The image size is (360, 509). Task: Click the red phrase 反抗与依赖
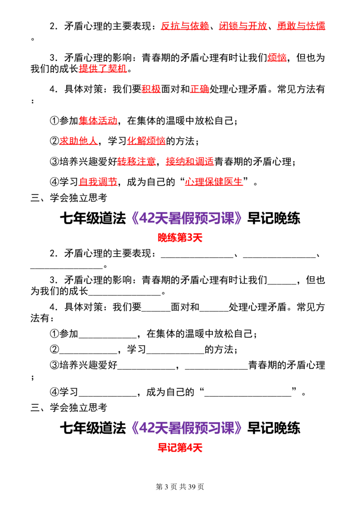185,26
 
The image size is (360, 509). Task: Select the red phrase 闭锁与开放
243,26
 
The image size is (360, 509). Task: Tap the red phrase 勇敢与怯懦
301,26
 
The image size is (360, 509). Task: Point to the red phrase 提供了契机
103,68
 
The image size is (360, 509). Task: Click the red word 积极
151,89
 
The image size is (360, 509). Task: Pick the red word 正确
199,89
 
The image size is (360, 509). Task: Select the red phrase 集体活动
98,121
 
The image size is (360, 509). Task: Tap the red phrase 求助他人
78,141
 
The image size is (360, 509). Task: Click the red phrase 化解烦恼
146,141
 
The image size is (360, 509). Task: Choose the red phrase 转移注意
136,161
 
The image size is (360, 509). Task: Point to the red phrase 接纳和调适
190,161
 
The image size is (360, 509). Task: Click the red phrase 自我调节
98,182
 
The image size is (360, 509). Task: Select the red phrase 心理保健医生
214,182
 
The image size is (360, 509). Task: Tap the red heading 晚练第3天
180,237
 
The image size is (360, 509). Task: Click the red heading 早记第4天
180,448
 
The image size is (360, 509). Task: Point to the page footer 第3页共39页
180,487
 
